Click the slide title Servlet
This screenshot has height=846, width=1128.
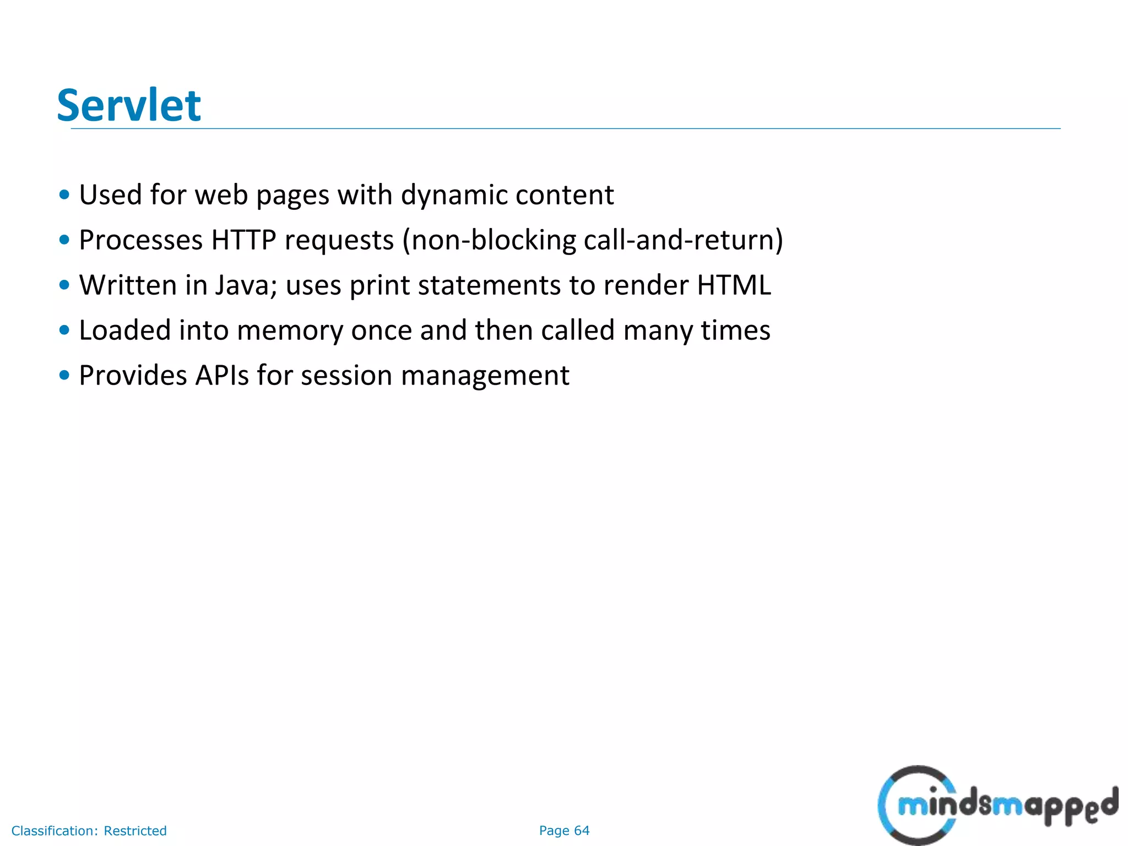tap(129, 105)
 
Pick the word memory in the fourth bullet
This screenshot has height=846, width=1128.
tap(290, 330)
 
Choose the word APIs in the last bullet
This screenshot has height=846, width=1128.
tap(222, 376)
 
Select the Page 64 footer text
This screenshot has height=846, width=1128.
tap(564, 831)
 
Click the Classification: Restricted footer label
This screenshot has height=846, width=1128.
tap(89, 831)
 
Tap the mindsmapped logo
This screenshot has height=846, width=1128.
tap(997, 805)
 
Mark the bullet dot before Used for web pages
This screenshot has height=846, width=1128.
tap(64, 195)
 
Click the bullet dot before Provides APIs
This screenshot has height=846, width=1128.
tap(64, 376)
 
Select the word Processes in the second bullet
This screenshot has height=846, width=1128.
tap(141, 240)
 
